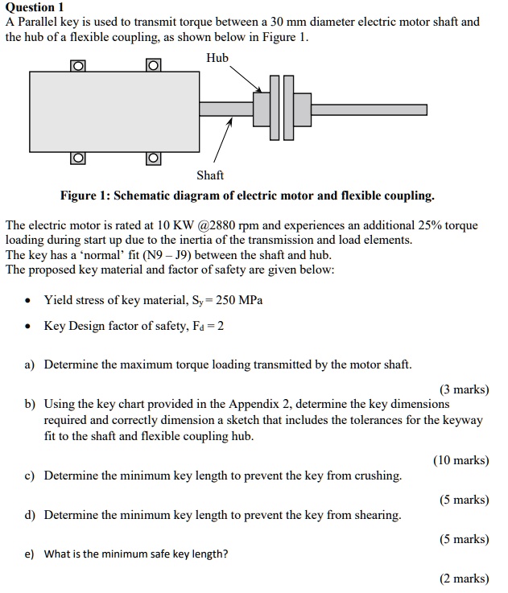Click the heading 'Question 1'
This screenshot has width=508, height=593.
tap(34, 7)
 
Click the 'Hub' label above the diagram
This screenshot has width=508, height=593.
tap(217, 58)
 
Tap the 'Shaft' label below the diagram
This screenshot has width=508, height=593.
tap(210, 175)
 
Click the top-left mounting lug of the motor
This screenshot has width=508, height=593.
tap(77, 65)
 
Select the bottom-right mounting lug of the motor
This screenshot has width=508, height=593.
tap(153, 157)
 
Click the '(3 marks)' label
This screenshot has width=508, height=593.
tap(464, 389)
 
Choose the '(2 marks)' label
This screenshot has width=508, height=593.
tap(464, 579)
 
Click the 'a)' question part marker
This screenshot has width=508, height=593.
tap(29, 364)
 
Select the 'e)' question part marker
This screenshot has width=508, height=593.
tap(29, 554)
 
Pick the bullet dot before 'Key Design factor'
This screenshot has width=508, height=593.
tap(28, 326)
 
